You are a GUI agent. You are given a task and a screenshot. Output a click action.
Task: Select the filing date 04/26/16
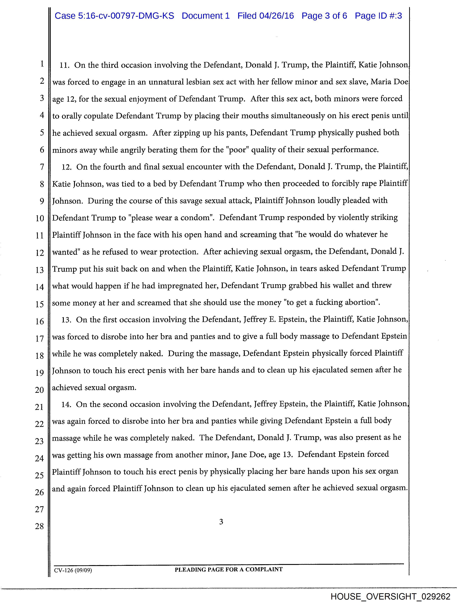[276, 16]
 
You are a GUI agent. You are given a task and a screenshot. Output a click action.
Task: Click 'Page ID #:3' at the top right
[378, 16]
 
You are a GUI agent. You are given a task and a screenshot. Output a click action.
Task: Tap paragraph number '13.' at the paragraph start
[66, 320]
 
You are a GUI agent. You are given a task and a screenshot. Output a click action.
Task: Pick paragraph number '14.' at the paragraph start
[66, 405]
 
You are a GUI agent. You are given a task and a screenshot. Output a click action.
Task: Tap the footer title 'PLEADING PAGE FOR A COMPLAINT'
[229, 570]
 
